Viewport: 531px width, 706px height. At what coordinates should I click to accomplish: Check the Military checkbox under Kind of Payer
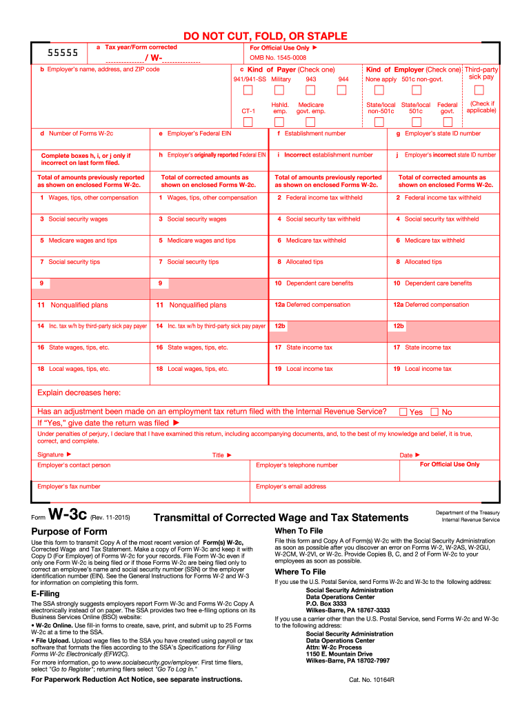click(280, 90)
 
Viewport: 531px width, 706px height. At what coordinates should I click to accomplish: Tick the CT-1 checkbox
click(248, 121)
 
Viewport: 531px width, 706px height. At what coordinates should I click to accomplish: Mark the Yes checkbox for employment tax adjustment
click(403, 412)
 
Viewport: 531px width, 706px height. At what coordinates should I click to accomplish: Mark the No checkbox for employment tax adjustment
click(434, 412)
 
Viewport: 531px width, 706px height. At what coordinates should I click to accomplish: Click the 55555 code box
click(62, 52)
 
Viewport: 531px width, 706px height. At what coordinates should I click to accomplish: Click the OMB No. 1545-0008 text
click(278, 58)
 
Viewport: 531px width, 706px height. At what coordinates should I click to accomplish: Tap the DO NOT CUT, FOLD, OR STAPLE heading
click(265, 36)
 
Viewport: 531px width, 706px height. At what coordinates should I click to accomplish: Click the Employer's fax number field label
click(69, 487)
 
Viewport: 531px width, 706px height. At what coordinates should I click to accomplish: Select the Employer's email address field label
click(291, 487)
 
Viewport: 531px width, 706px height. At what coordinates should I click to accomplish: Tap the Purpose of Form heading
click(70, 531)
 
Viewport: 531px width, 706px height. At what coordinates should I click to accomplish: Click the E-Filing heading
click(46, 594)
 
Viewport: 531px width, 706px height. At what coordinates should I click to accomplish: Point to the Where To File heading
click(300, 572)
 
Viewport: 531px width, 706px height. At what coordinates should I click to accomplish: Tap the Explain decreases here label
click(79, 393)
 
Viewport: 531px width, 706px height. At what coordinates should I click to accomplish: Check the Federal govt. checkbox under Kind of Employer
click(448, 121)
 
